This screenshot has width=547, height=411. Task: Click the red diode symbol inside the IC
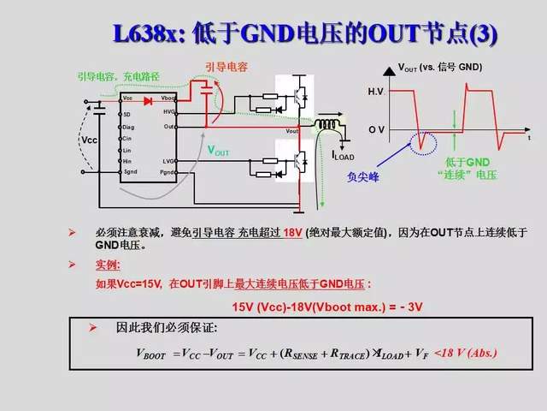coord(147,100)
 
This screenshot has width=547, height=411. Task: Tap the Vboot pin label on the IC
coord(168,100)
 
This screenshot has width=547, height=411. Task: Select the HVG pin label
coord(169,112)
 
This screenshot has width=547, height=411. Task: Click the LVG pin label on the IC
coord(169,160)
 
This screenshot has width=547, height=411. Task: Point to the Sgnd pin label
coord(130,172)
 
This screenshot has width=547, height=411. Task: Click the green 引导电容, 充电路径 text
coord(114,75)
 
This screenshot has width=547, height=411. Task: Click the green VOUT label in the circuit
coord(219,150)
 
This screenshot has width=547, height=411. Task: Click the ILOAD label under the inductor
coord(343,156)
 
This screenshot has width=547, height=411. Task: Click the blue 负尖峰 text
coord(362,178)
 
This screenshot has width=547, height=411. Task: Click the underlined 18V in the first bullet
coord(292,233)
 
